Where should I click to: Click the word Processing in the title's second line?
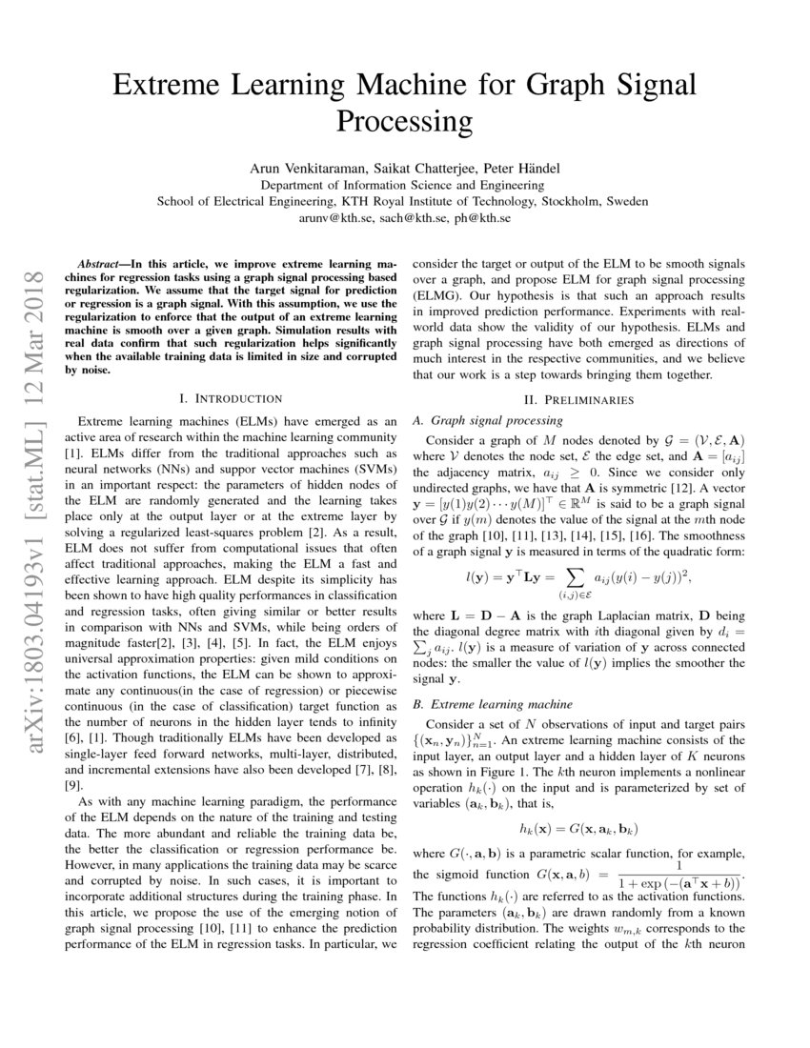point(405,122)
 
